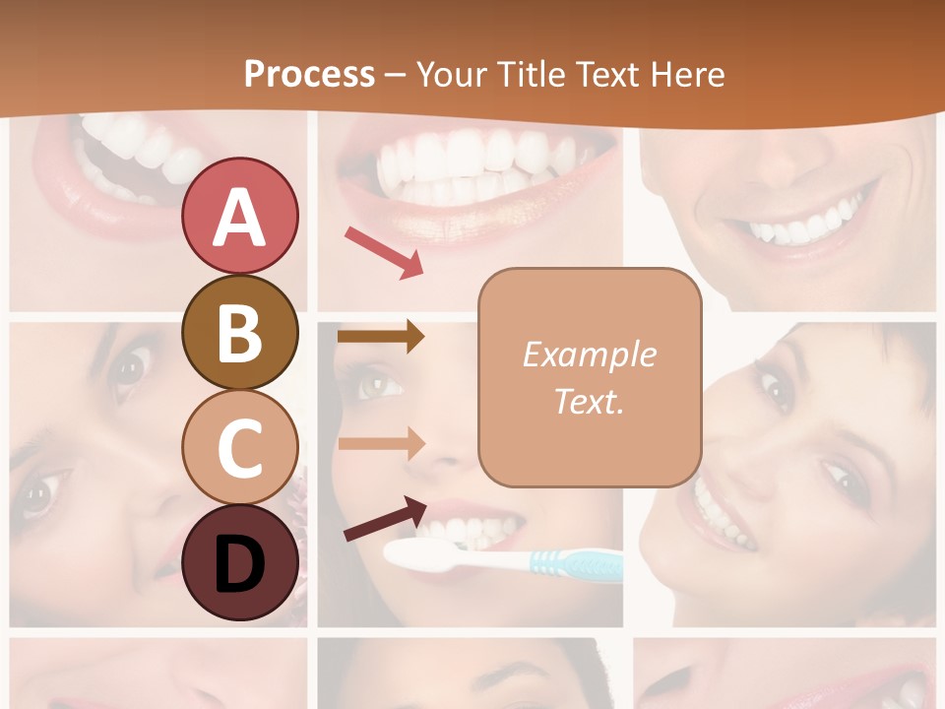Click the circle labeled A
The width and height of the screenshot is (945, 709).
tap(239, 216)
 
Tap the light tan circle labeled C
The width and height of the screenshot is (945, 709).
tap(239, 447)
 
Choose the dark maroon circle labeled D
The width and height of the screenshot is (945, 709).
tap(239, 562)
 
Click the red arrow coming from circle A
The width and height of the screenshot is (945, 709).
tap(384, 251)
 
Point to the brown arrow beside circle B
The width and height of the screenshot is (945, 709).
tap(380, 337)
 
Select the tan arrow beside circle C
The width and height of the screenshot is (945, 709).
tap(380, 443)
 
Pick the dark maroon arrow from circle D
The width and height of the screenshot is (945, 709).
tap(385, 518)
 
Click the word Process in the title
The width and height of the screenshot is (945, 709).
tap(309, 74)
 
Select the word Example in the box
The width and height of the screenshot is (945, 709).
tap(589, 354)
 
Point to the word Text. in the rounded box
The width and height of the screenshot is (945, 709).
tap(589, 401)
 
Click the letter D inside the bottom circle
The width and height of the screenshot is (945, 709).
tap(239, 564)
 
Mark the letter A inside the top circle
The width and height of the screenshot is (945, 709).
tap(239, 218)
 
